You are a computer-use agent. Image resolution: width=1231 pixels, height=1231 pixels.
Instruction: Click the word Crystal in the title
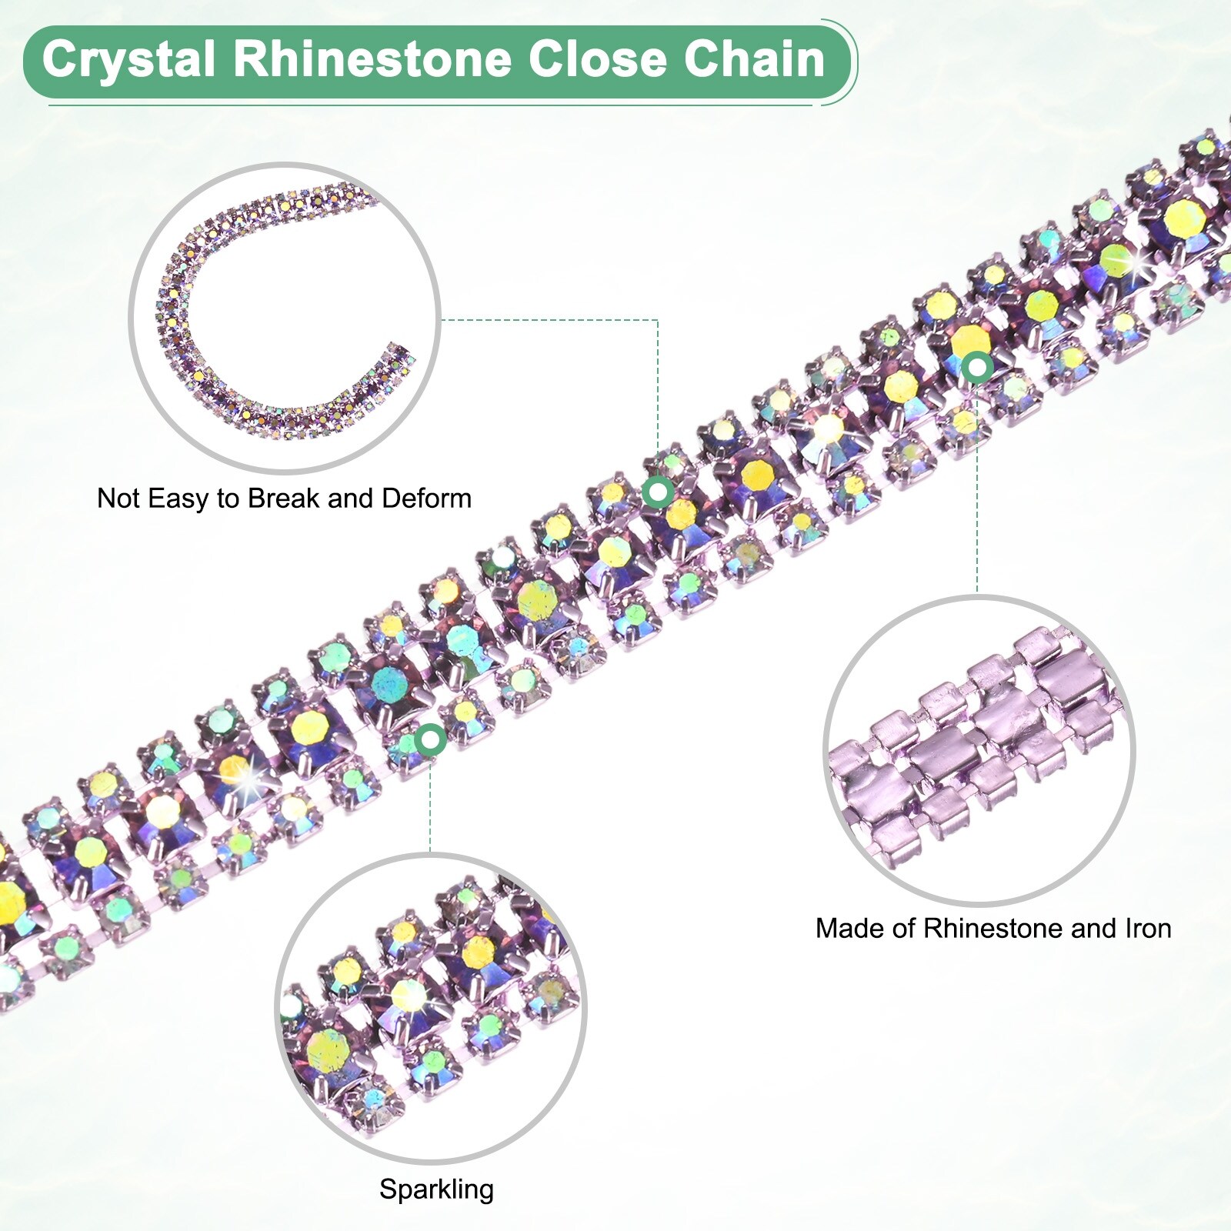point(128,60)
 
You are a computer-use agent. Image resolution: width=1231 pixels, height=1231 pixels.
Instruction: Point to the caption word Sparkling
point(436,1189)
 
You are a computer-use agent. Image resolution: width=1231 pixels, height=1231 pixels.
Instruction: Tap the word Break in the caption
point(284,499)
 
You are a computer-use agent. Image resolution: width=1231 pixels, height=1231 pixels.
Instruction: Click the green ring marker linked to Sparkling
point(430,740)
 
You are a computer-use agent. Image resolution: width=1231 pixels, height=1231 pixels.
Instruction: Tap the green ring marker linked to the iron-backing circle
point(977,368)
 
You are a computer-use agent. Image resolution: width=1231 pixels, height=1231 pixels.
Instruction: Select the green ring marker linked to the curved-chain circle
point(658,491)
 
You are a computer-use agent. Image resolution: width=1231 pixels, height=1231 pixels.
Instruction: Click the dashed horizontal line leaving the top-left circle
point(546,320)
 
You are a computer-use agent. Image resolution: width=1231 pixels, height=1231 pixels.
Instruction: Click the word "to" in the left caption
point(229,499)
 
